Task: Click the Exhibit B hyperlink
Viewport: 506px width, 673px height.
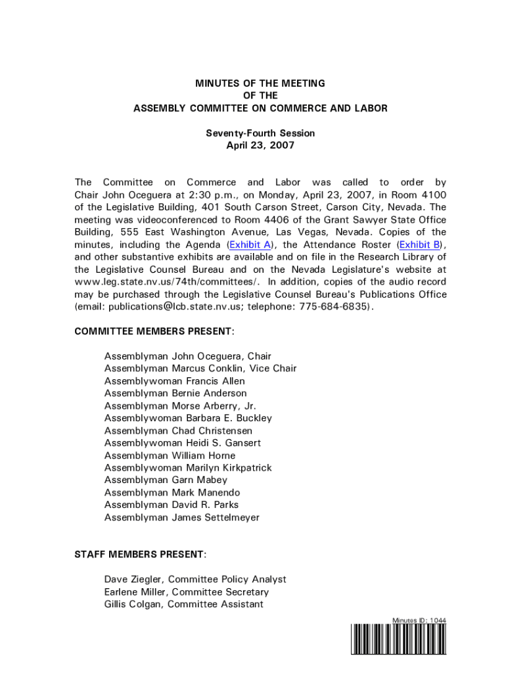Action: click(x=420, y=244)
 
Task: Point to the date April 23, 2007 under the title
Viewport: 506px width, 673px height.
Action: click(x=260, y=145)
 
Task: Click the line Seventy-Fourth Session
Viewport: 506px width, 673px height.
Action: click(x=260, y=133)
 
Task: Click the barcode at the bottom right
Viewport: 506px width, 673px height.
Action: click(x=399, y=639)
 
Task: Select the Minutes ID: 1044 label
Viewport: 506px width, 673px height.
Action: click(x=419, y=620)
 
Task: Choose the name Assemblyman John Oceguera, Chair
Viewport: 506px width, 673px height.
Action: click(x=187, y=356)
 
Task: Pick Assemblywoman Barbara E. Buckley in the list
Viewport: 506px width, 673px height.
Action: click(x=188, y=418)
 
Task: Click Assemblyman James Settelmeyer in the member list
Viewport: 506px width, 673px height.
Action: click(x=182, y=517)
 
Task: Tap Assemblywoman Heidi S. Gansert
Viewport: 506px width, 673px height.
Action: click(x=183, y=443)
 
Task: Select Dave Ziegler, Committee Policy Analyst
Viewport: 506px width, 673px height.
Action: click(x=195, y=579)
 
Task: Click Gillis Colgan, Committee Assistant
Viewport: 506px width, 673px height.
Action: click(x=183, y=604)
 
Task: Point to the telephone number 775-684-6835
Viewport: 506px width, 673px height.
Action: click(x=334, y=306)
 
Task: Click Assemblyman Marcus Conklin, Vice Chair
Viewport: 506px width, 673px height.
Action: click(x=200, y=369)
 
